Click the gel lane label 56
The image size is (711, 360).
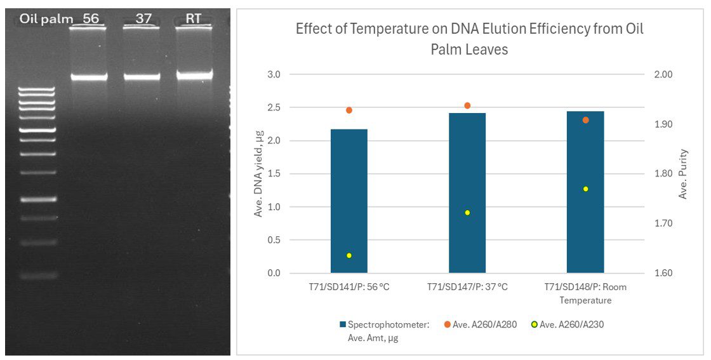coord(91,18)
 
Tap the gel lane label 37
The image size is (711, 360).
coord(143,18)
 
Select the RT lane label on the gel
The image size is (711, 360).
coord(193,18)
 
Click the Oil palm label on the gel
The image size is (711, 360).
coord(46,18)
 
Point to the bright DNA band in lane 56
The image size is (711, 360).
coord(89,77)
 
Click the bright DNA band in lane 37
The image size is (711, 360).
coord(142,77)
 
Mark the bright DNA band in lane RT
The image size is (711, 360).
coord(194,75)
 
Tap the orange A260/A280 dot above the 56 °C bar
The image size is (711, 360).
coord(349,110)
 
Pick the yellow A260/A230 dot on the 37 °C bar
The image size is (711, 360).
coord(467,213)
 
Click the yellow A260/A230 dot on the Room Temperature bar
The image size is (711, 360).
coord(585,189)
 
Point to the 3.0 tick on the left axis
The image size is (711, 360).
coord(273,74)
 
